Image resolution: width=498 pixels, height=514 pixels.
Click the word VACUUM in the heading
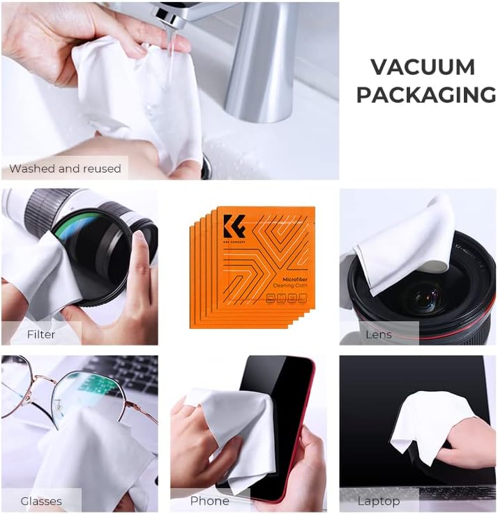pyautogui.click(x=423, y=67)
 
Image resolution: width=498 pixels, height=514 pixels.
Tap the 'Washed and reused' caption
pyautogui.click(x=65, y=168)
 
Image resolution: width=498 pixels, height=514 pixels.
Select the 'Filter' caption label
pyautogui.click(x=41, y=335)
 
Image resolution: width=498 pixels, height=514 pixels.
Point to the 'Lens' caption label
pyautogui.click(x=379, y=335)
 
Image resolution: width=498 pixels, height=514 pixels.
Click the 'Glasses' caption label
pyautogui.click(x=41, y=501)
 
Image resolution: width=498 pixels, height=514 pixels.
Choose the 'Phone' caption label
pyautogui.click(x=209, y=501)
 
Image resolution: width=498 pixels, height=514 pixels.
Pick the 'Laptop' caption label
pyautogui.click(x=379, y=501)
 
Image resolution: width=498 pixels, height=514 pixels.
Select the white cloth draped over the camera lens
pyautogui.click(x=405, y=244)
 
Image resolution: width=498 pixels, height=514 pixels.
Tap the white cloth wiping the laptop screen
pyautogui.click(x=425, y=423)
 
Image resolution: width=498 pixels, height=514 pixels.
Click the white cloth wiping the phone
pyautogui.click(x=223, y=433)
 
